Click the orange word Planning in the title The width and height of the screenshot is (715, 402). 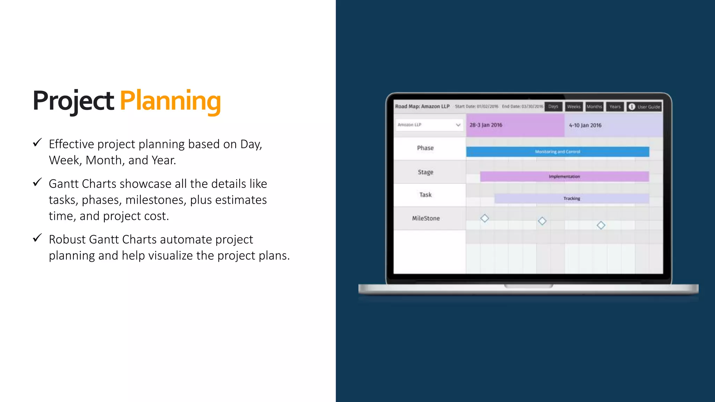pos(170,101)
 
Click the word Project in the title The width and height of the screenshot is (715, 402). pos(73,101)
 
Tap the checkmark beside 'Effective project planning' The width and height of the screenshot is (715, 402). pos(37,143)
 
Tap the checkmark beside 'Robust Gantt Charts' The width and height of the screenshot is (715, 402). pos(37,238)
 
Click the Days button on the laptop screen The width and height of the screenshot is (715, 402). pos(553,106)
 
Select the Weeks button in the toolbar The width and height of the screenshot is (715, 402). pos(574,106)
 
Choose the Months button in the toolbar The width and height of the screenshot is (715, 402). pos(594,106)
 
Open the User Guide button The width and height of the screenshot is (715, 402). pos(644,107)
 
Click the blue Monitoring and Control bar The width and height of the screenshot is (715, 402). pos(558,152)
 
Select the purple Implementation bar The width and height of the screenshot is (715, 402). pos(564,177)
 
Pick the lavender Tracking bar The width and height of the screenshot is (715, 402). pos(572,199)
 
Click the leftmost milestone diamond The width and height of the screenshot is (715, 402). pos(485,218)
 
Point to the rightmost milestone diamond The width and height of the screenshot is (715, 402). pos(601,225)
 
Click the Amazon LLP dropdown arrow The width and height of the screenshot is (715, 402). pos(458,125)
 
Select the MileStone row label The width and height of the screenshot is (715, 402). pos(426,218)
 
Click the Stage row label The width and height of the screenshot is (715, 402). pos(426,172)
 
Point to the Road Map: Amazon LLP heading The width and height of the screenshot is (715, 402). pos(422,106)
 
